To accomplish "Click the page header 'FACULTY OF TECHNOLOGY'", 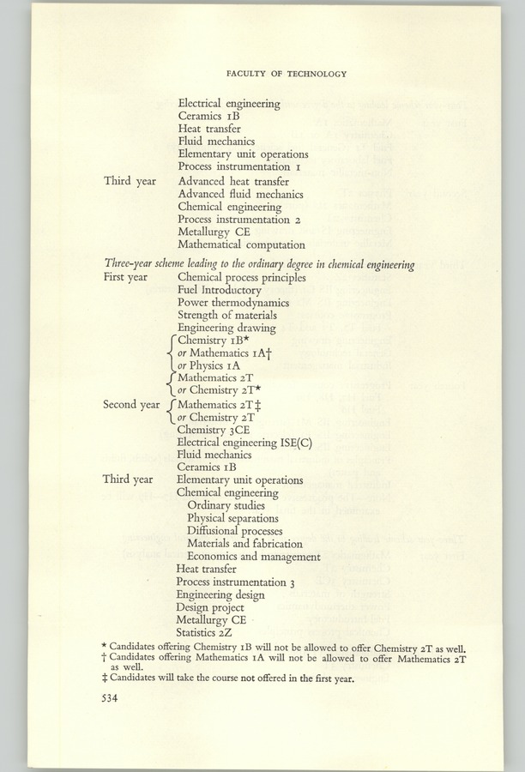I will (287, 74).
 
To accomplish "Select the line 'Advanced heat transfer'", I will (233, 181).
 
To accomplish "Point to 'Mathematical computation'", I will (239, 245).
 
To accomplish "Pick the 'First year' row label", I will (127, 278).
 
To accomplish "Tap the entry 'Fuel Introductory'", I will (220, 291).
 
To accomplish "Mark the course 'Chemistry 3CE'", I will (215, 429).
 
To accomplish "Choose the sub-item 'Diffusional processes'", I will (238, 530).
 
